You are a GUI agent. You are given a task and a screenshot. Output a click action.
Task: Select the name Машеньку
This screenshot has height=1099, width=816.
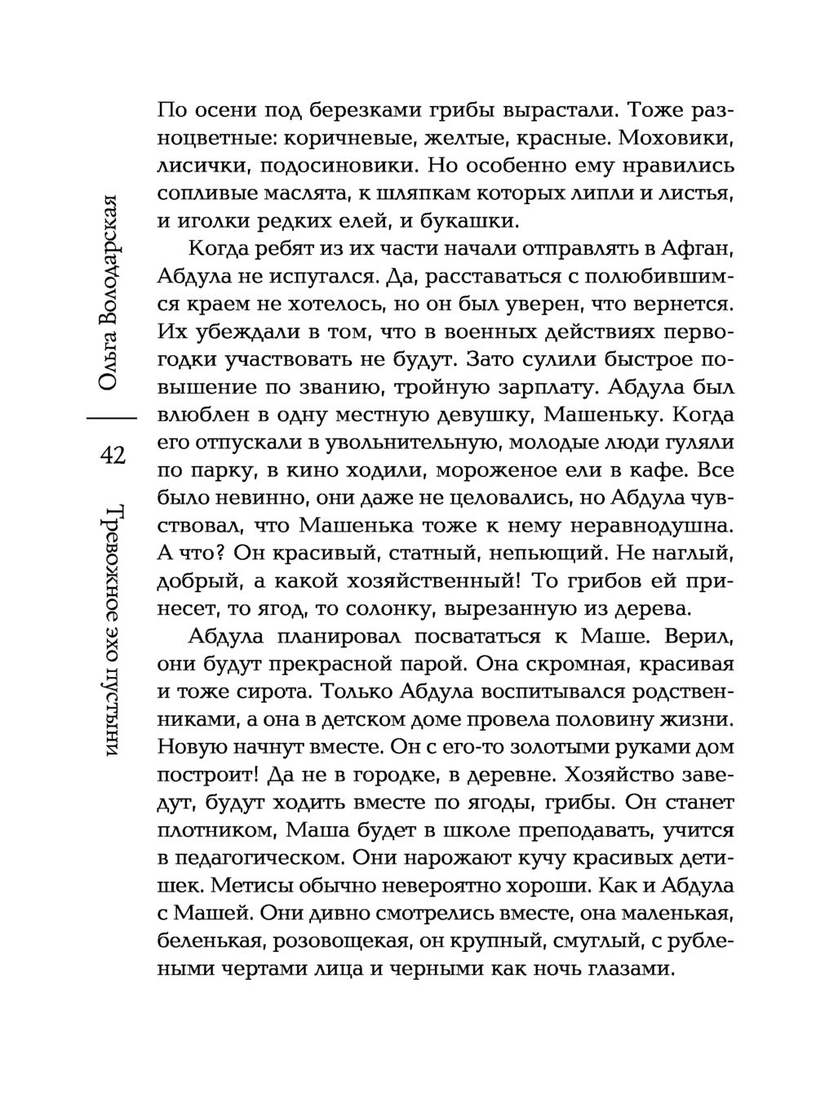tap(603, 415)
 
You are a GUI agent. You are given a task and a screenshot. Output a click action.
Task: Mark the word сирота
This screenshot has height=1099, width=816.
tap(266, 692)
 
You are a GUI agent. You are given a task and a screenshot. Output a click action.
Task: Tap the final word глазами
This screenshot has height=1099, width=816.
tap(628, 969)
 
